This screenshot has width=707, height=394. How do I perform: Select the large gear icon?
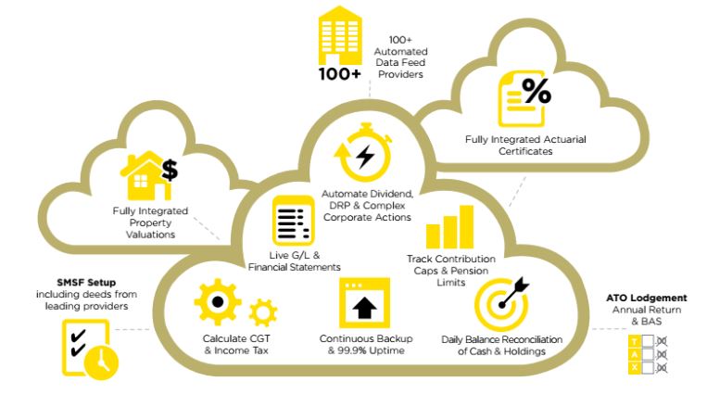[216, 302]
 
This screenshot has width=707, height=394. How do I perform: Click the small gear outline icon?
[262, 310]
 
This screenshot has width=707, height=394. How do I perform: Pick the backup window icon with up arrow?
[362, 303]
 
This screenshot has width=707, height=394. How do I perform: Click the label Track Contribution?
[451, 258]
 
